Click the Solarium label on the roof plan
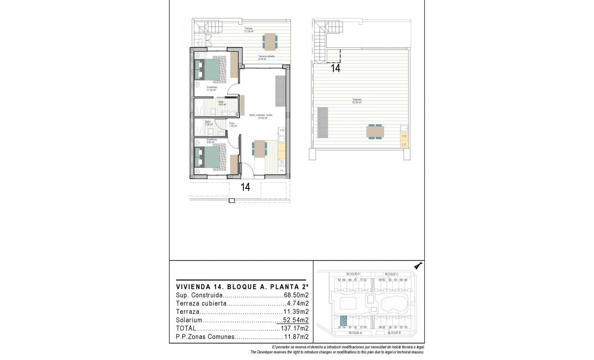(358, 100)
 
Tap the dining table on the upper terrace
(270, 42)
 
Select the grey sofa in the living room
(279, 91)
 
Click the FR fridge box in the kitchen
(282, 130)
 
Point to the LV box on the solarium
(404, 144)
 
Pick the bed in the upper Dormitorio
(211, 69)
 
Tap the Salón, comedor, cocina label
(261, 116)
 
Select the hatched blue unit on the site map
(343, 320)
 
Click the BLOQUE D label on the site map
(353, 274)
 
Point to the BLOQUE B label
(392, 333)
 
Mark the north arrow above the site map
(418, 266)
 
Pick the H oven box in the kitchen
(282, 171)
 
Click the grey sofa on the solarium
(322, 122)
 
